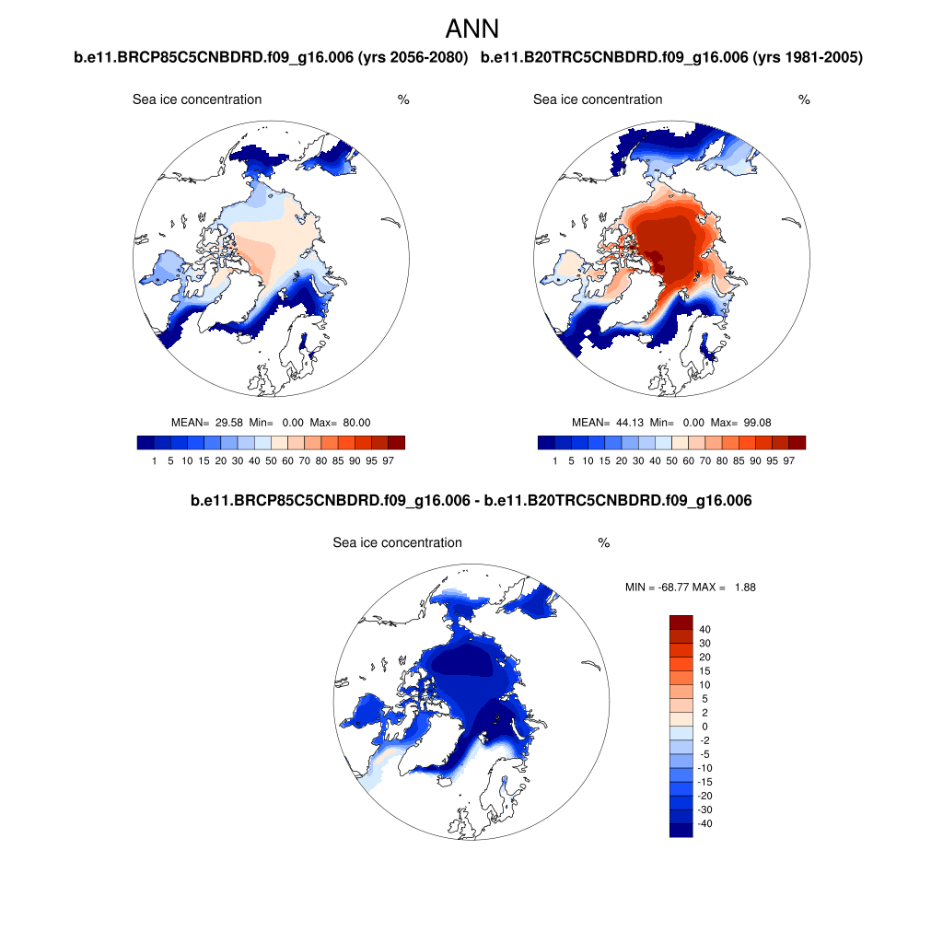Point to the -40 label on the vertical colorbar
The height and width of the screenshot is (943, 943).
(x=705, y=823)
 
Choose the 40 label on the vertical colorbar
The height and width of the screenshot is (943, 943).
(x=705, y=629)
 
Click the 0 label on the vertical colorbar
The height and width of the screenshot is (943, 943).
(x=705, y=727)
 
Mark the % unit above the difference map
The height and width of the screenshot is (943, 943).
(x=604, y=543)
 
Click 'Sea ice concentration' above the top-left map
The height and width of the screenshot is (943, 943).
(x=197, y=99)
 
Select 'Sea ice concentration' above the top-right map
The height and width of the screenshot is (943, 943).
(x=598, y=99)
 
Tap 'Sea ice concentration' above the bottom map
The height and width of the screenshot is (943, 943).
(x=397, y=543)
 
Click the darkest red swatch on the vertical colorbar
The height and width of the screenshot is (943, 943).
(x=681, y=623)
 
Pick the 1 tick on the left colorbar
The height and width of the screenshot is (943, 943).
(x=154, y=460)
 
